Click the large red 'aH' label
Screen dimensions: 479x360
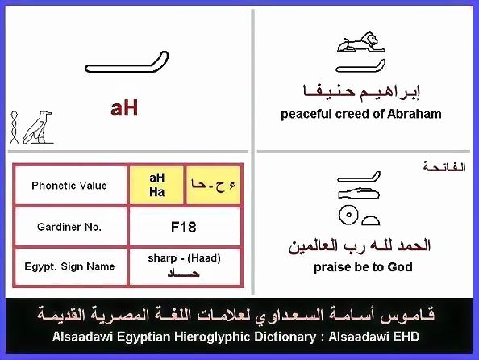tap(124, 108)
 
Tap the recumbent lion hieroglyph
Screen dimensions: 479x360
tap(360, 42)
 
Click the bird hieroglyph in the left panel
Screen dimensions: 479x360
tap(38, 128)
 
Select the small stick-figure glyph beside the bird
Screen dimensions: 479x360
tap(15, 128)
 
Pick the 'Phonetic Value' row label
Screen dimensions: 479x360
tap(69, 186)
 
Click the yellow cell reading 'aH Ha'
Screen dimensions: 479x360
tap(156, 185)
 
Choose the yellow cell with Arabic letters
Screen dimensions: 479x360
tap(213, 185)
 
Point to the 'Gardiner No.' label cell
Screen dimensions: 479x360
tap(69, 227)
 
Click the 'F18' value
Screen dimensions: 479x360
tap(183, 228)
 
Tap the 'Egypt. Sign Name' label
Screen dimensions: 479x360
tap(69, 266)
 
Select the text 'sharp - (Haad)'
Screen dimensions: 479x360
tap(184, 258)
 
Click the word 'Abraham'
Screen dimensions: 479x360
tap(414, 114)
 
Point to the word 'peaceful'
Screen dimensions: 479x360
tap(306, 115)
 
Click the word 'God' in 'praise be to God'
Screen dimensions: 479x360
tap(400, 267)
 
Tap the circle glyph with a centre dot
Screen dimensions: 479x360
tap(348, 215)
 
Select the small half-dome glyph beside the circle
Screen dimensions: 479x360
tap(371, 220)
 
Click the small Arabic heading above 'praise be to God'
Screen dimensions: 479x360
tap(444, 167)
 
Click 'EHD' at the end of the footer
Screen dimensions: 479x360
tap(406, 337)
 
